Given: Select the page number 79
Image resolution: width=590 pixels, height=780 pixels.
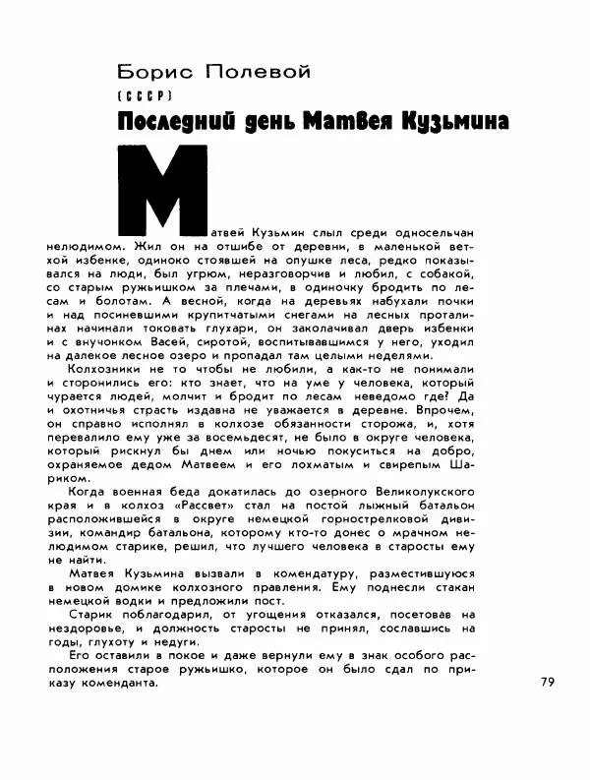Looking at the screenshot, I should (x=548, y=681).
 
